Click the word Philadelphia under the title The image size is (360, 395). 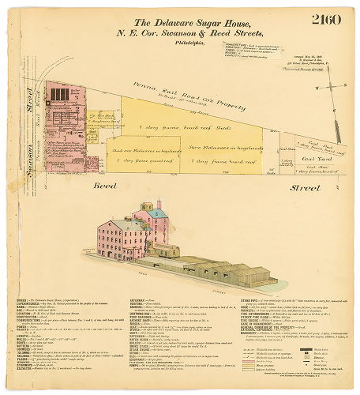point(182,43)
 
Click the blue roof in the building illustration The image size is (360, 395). point(157,213)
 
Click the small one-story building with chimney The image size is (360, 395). point(165,251)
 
